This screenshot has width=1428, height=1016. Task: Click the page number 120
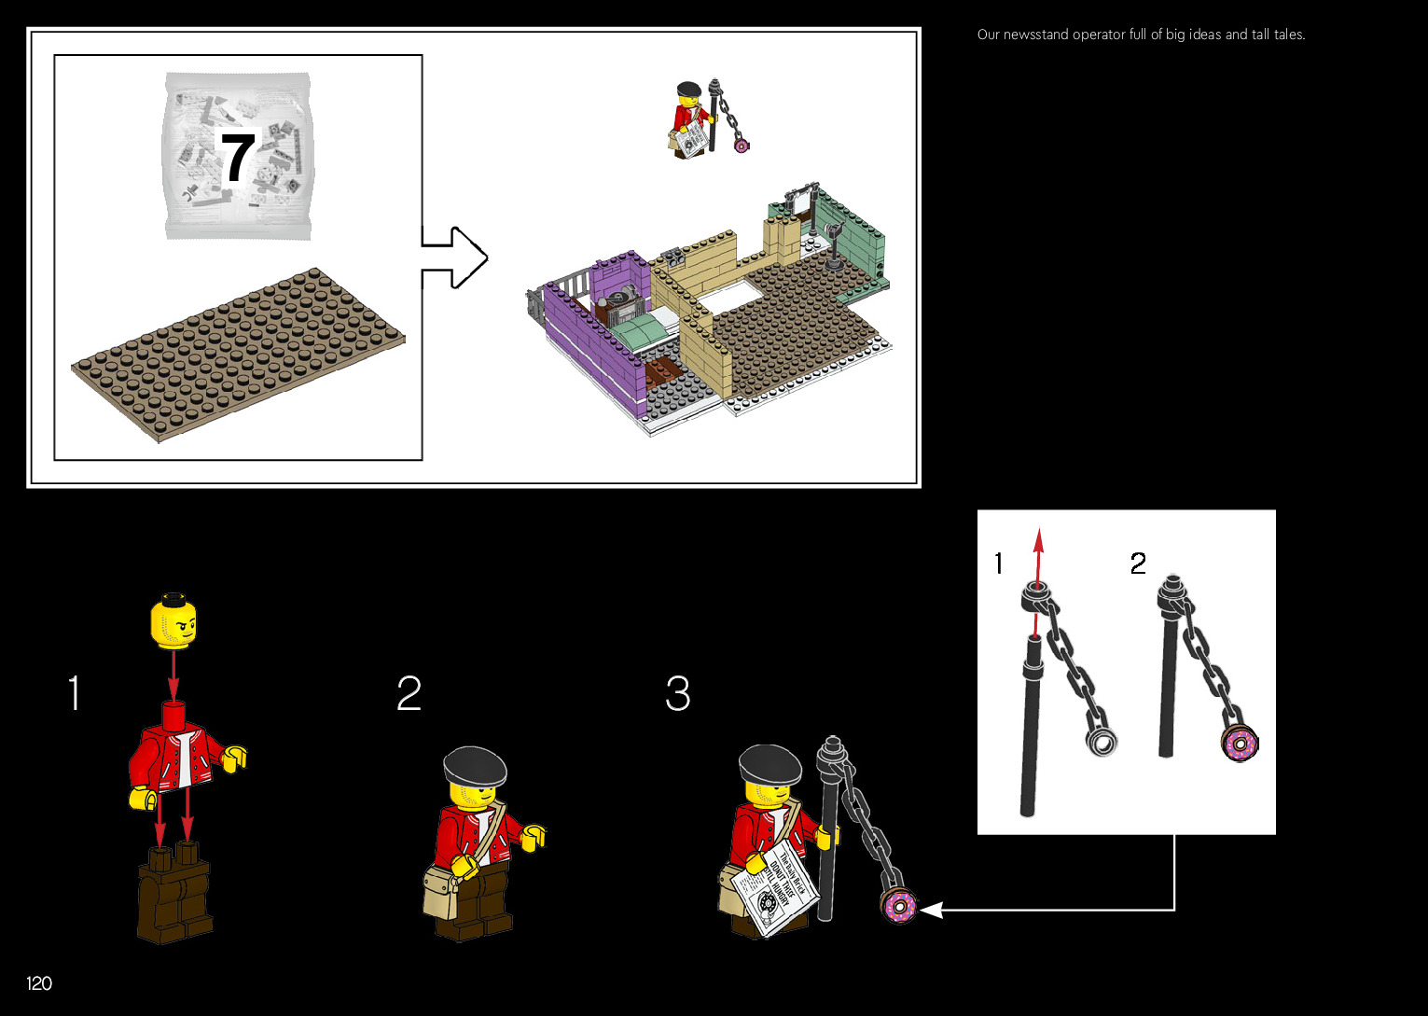pyautogui.click(x=39, y=983)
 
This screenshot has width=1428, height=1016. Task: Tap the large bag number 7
pyautogui.click(x=237, y=159)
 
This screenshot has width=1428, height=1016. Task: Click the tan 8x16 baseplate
pyautogui.click(x=238, y=355)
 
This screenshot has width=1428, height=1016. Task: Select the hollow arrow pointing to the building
pyautogui.click(x=455, y=257)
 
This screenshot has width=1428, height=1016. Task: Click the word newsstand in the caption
pyautogui.click(x=1035, y=35)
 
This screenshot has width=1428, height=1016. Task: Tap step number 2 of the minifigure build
pyautogui.click(x=409, y=694)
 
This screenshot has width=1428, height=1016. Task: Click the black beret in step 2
pyautogui.click(x=475, y=765)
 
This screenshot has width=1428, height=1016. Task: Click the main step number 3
pyautogui.click(x=678, y=694)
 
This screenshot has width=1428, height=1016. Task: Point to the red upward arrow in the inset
pyautogui.click(x=1038, y=560)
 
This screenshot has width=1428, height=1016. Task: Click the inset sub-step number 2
pyautogui.click(x=1138, y=564)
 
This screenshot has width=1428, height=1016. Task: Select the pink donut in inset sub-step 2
pyautogui.click(x=1240, y=744)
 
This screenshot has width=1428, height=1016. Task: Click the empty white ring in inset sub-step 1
pyautogui.click(x=1102, y=742)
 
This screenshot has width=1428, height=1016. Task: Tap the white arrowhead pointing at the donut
pyautogui.click(x=931, y=909)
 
